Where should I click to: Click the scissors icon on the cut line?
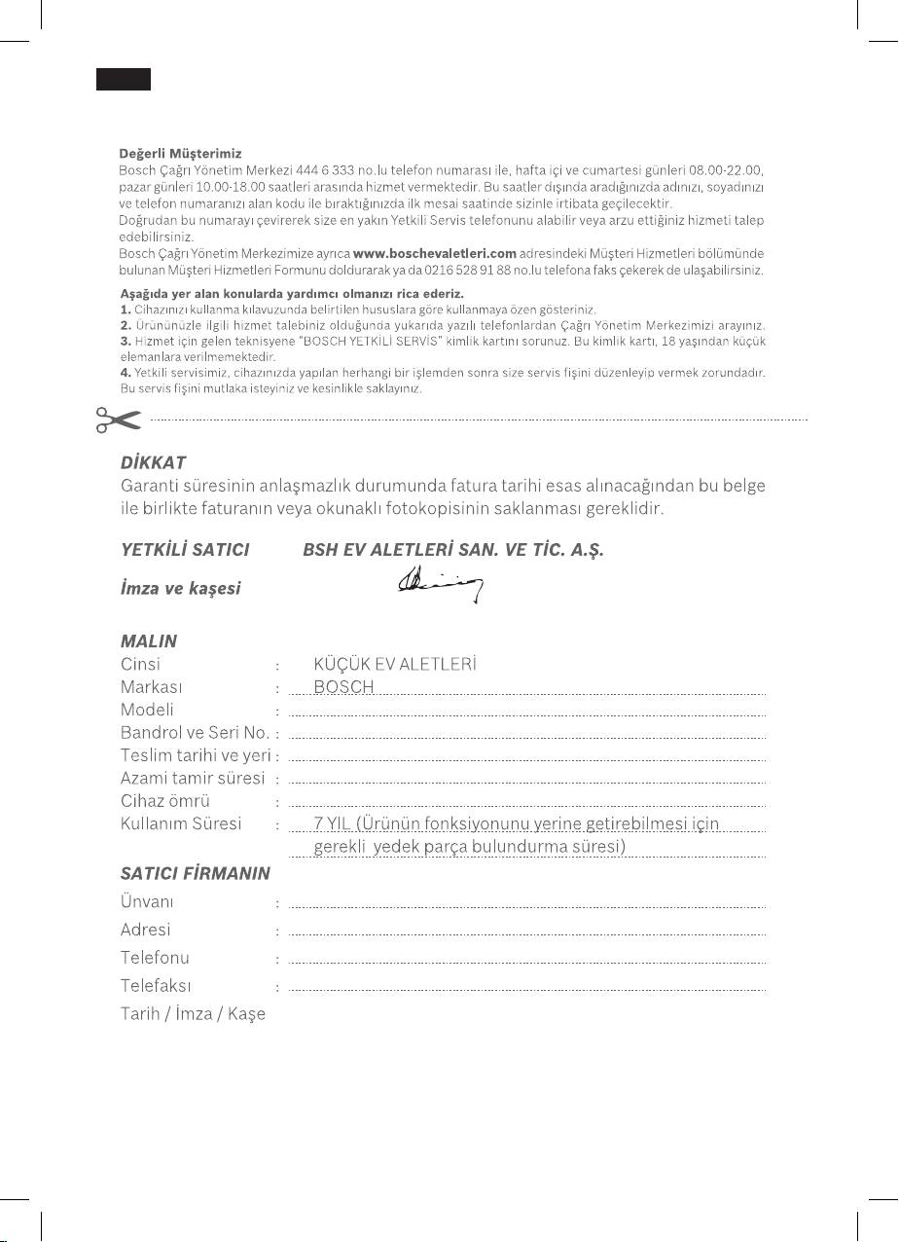pyautogui.click(x=117, y=420)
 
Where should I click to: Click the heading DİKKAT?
pyautogui.click(x=153, y=461)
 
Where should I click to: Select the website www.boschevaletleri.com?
pyautogui.click(x=434, y=253)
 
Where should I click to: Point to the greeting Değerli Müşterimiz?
pyautogui.click(x=181, y=154)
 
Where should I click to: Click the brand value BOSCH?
pyautogui.click(x=343, y=687)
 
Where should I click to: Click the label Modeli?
pyautogui.click(x=147, y=710)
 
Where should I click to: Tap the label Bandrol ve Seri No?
pyautogui.click(x=195, y=732)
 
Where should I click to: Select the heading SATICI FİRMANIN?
pyautogui.click(x=195, y=873)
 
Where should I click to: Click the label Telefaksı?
pyautogui.click(x=156, y=986)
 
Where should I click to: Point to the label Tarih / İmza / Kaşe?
pyautogui.click(x=193, y=1014)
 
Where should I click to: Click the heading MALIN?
pyautogui.click(x=148, y=641)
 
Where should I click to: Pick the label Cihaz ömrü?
pyautogui.click(x=165, y=801)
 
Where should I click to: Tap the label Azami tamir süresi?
pyautogui.click(x=193, y=778)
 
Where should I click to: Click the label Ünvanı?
pyautogui.click(x=147, y=901)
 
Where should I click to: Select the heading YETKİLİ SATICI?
pyautogui.click(x=185, y=550)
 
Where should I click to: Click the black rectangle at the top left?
pyautogui.click(x=123, y=80)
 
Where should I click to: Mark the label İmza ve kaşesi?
pyautogui.click(x=180, y=588)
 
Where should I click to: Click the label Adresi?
pyautogui.click(x=146, y=930)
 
